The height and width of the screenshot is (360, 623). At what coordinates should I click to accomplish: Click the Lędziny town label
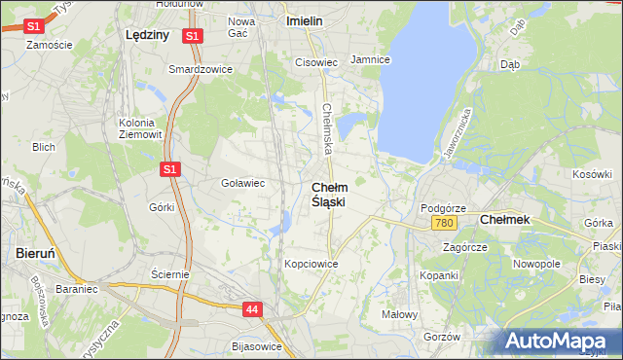click(148, 34)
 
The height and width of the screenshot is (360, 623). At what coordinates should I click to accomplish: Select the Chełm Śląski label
click(328, 194)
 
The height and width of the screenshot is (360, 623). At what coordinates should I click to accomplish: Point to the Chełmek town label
click(505, 220)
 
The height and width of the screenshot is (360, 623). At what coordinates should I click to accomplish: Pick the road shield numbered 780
click(445, 224)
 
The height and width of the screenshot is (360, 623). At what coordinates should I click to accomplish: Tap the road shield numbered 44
click(252, 309)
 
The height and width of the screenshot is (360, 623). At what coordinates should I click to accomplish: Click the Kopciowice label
click(311, 264)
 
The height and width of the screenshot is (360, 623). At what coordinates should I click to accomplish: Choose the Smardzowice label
click(196, 69)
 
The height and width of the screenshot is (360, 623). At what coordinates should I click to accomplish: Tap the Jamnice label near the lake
click(370, 59)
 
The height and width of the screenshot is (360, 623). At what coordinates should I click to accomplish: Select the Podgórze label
click(443, 208)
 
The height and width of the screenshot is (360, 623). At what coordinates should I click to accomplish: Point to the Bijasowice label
click(257, 346)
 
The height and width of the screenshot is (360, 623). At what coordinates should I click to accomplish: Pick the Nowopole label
click(536, 264)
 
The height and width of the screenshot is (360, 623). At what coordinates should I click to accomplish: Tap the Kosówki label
click(591, 174)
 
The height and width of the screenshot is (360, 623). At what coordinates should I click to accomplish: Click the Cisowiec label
click(315, 62)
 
